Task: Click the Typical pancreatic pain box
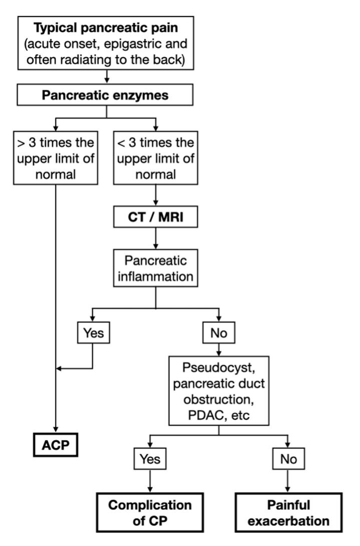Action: (x=106, y=43)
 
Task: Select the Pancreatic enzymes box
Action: (x=105, y=95)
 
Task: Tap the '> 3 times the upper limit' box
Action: (x=56, y=158)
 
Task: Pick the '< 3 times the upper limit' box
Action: (x=156, y=158)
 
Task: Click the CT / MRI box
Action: (x=156, y=217)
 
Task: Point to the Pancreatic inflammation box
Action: (x=156, y=268)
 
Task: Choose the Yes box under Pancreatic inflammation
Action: (x=93, y=333)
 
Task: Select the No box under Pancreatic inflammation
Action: (x=219, y=333)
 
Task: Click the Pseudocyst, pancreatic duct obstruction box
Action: (x=219, y=391)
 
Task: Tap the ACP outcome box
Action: (x=56, y=445)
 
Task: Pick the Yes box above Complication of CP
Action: (x=150, y=459)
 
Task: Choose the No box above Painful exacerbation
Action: (x=288, y=459)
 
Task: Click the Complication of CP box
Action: (x=150, y=512)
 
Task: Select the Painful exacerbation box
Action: (x=288, y=512)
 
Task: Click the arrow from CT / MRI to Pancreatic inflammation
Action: (x=156, y=238)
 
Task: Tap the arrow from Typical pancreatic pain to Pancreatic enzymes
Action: (x=107, y=77)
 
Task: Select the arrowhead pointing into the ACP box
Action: (x=56, y=430)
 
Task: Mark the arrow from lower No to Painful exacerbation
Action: (x=288, y=481)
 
